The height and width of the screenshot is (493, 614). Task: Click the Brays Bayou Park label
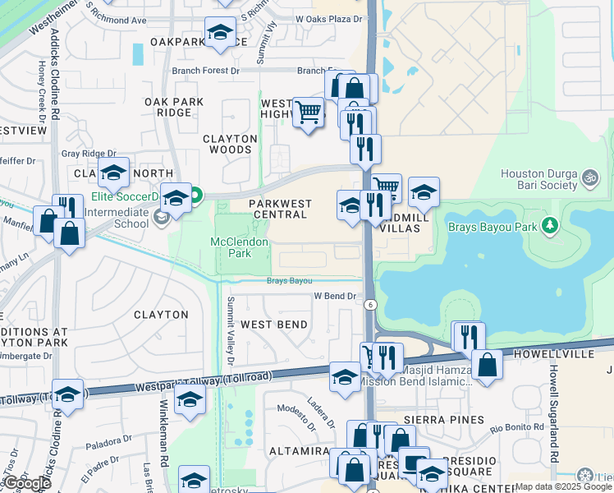tap(492, 225)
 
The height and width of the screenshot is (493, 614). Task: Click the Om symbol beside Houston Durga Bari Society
tap(589, 177)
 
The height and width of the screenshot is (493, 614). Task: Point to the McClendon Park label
tap(240, 248)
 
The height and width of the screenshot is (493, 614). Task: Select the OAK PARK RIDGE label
tap(173, 107)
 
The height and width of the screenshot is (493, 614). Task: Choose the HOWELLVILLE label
tap(548, 353)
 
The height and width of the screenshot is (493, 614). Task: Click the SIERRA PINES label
tap(454, 420)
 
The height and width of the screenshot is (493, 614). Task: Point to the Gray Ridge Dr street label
tap(89, 154)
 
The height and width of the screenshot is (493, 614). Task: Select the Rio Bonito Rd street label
tap(517, 427)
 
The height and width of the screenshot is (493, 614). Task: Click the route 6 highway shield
tap(370, 305)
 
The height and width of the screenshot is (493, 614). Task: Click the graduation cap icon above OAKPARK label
tap(219, 32)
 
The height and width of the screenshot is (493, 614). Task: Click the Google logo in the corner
tap(26, 483)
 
